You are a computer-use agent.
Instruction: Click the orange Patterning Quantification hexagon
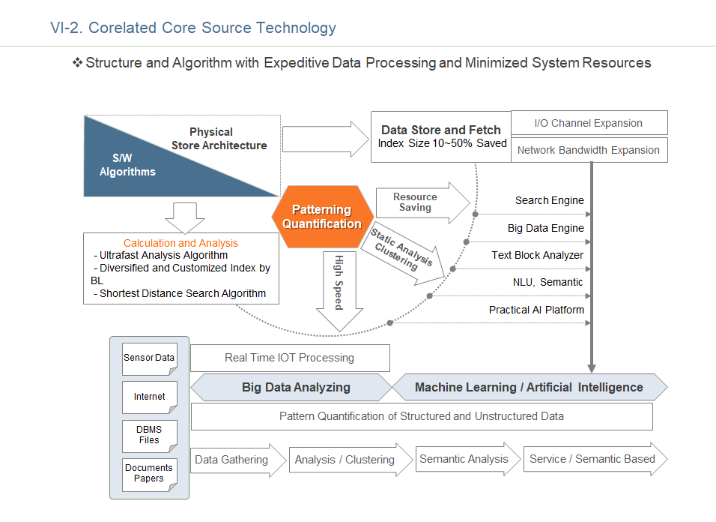323,217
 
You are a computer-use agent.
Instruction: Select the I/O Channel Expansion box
589,123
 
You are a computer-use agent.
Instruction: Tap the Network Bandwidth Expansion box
589,150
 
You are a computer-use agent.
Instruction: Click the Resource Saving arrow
422,202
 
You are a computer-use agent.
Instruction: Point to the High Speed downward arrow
339,291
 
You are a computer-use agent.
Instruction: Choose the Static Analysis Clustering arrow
403,253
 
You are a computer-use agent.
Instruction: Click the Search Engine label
549,200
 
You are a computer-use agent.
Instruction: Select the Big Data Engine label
546,228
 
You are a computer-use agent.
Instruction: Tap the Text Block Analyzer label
538,255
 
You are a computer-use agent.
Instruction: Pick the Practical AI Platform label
536,310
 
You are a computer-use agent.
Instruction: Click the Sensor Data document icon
149,359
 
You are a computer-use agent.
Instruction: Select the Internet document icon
149,397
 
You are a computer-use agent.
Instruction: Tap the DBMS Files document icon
149,436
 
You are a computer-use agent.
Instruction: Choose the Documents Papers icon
149,475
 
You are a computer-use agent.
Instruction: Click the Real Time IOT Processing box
290,358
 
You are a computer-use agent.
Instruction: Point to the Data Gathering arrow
238,460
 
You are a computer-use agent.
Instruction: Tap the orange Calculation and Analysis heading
180,243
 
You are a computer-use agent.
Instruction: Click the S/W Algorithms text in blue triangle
127,165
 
